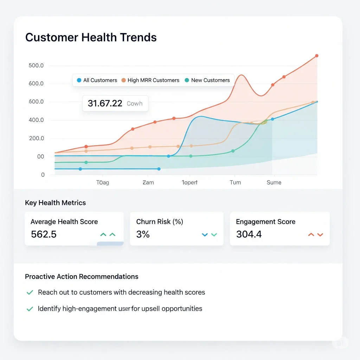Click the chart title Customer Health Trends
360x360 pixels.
coord(91,38)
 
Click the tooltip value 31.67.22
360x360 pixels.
coord(105,103)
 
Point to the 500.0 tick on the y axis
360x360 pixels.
coord(37,65)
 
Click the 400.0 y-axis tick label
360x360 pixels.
coord(37,120)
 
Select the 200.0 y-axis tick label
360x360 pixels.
coord(37,139)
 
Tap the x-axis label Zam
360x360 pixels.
coord(148,182)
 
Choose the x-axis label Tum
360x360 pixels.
coord(235,182)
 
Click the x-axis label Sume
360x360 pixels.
coord(274,182)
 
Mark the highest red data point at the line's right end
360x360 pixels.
coord(316,56)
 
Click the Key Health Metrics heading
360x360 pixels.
coord(55,203)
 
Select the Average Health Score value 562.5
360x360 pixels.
coord(44,234)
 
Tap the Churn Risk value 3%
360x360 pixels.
coord(143,234)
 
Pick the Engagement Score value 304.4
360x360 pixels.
coord(249,234)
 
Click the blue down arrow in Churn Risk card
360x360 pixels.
coord(205,234)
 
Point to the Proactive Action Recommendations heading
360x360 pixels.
coord(82,277)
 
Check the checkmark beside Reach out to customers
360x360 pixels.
coord(30,292)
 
